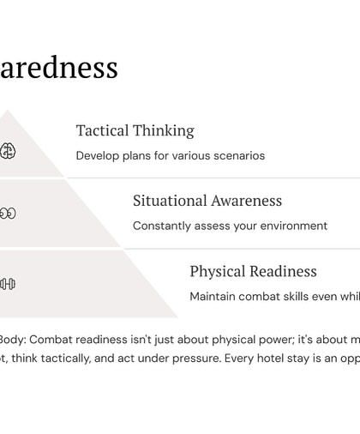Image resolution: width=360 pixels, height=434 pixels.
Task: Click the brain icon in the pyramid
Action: pyautogui.click(x=8, y=150)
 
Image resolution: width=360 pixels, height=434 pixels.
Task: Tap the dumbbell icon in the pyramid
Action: pyautogui.click(x=7, y=284)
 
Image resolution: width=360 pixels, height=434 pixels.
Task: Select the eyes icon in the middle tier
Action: pyautogui.click(x=7, y=214)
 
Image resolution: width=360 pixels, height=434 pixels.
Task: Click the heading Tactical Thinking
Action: pyautogui.click(x=135, y=130)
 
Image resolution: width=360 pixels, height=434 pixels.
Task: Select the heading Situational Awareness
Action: pyautogui.click(x=207, y=201)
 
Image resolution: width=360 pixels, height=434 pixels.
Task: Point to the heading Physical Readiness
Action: pyautogui.click(x=253, y=271)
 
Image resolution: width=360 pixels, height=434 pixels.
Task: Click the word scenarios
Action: pyautogui.click(x=238, y=156)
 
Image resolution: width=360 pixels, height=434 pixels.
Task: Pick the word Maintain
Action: pyautogui.click(x=214, y=297)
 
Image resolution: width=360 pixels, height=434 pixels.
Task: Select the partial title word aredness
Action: pyautogui.click(x=59, y=67)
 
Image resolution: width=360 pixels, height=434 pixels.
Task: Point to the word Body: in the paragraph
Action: pyautogui.click(x=12, y=339)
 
